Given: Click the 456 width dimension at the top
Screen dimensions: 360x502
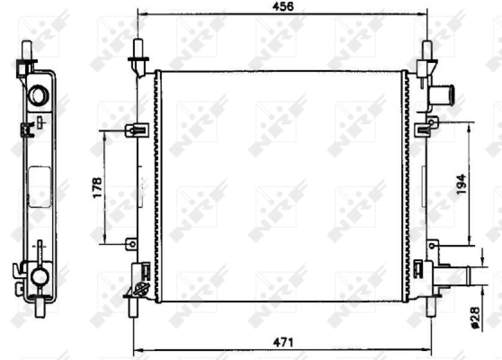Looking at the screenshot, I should (x=283, y=7).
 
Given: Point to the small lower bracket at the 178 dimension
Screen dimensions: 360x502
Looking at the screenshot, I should (x=131, y=242).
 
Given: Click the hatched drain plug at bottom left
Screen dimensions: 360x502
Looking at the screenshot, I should (x=139, y=289).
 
